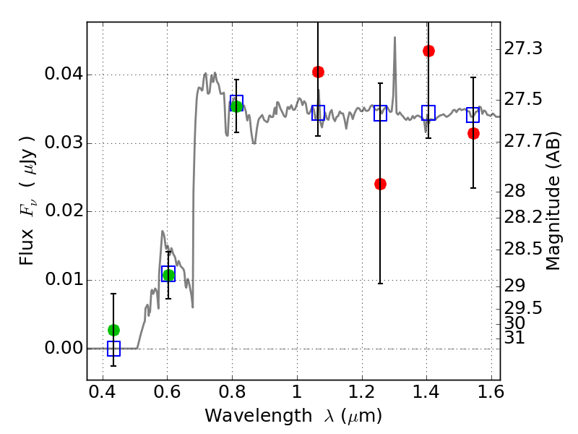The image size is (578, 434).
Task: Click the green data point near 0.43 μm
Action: [x=113, y=330]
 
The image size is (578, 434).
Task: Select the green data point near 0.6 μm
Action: [x=168, y=275]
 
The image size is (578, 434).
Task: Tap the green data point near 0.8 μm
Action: [x=236, y=106]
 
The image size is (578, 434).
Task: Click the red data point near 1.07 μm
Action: [x=318, y=72]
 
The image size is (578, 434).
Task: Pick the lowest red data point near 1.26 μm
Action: [x=380, y=184]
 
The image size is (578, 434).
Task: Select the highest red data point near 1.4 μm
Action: [x=428, y=51]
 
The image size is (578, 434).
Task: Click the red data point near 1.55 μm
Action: [x=473, y=133]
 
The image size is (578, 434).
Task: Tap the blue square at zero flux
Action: [x=113, y=349]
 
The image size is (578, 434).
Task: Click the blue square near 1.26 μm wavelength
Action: [x=380, y=113]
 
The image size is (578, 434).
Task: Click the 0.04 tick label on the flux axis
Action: [x=63, y=75]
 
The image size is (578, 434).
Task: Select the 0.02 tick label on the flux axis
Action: [x=63, y=212]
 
